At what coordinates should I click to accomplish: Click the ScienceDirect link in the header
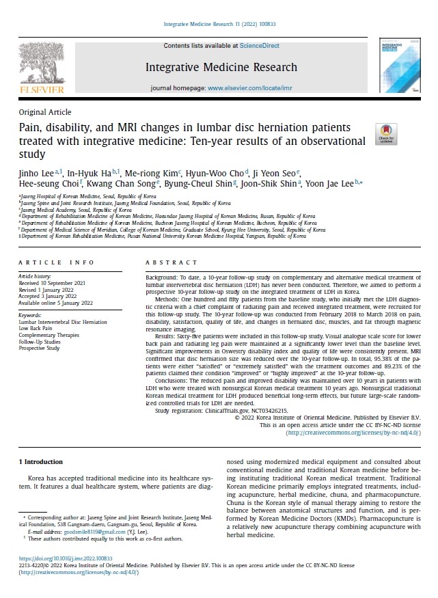[x=259, y=45]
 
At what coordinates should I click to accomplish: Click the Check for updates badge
[x=386, y=133]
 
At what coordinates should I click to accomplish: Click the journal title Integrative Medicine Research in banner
[x=221, y=67]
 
